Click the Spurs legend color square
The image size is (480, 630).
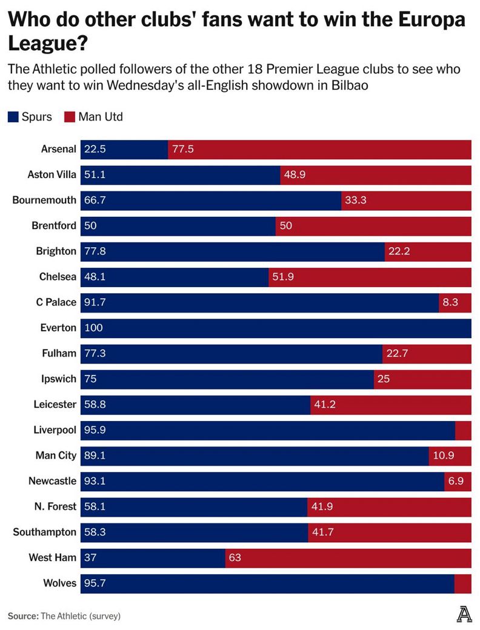coord(13,117)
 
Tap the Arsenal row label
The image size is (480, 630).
coord(59,150)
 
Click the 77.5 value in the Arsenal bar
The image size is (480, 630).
coord(183,150)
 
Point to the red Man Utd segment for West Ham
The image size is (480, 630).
coord(348,558)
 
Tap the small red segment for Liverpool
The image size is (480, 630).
coord(463,431)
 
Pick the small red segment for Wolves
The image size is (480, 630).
coord(462,584)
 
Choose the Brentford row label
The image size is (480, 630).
coord(54,226)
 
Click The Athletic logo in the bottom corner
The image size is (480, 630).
coord(464,614)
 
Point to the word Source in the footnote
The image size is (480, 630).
coord(22,616)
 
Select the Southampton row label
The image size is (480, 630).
coord(45,532)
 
